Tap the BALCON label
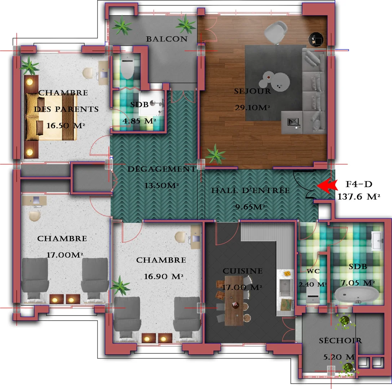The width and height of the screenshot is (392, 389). point(167,39)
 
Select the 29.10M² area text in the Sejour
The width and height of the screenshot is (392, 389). point(252,107)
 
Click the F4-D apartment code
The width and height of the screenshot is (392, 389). point(359,185)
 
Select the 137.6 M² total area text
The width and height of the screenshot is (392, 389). point(359,197)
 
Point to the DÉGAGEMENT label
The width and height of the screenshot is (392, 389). point(162,169)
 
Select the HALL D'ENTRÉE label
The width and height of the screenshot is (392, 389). point(250,191)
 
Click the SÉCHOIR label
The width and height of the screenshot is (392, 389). point(340,340)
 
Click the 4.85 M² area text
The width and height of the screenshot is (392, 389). point(139,121)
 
